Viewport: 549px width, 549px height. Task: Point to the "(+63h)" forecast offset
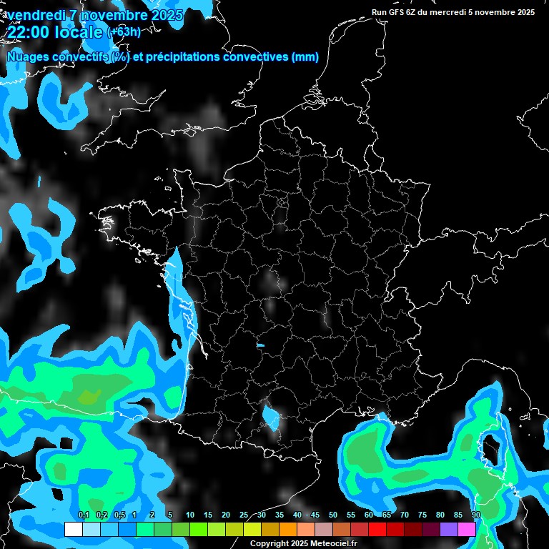pyautogui.click(x=124, y=32)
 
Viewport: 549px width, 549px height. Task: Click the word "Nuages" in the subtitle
pyautogui.click(x=27, y=57)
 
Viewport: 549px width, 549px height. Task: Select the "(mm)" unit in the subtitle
pyautogui.click(x=305, y=57)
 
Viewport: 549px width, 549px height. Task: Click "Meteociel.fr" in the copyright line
pyautogui.click(x=334, y=544)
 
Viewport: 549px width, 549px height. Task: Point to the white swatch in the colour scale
pyautogui.click(x=73, y=529)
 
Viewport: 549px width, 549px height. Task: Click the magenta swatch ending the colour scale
pyautogui.click(x=467, y=529)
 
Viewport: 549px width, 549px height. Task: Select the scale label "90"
pyautogui.click(x=476, y=515)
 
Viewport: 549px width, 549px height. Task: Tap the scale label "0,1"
pyautogui.click(x=83, y=515)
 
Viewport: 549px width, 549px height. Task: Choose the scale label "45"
pyautogui.click(x=315, y=515)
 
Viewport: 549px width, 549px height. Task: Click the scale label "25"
pyautogui.click(x=244, y=515)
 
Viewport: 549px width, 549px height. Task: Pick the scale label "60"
pyautogui.click(x=369, y=515)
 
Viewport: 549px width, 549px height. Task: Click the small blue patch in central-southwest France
pyautogui.click(x=260, y=346)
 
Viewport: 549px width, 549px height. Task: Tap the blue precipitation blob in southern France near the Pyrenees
pyautogui.click(x=272, y=416)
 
